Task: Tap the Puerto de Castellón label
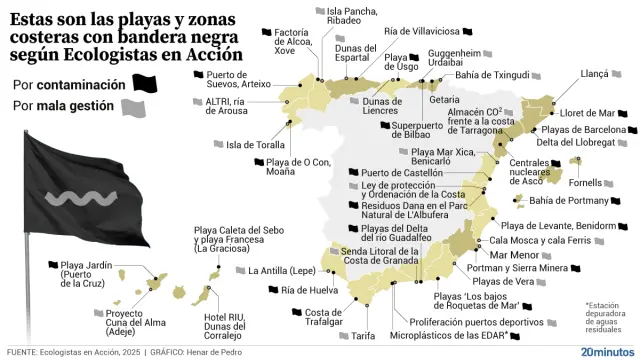coord(394,173)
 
